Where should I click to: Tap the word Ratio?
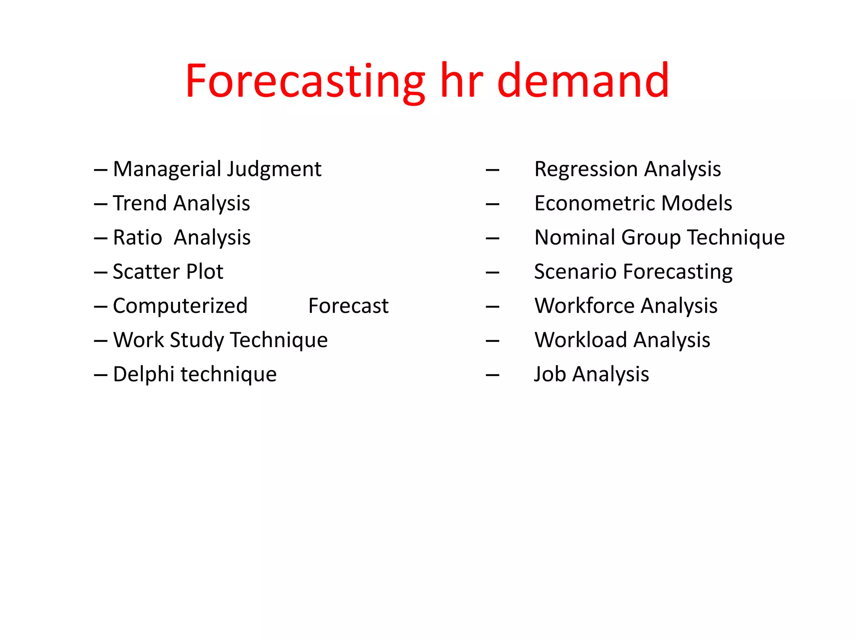click(x=137, y=237)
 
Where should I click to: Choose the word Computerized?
click(x=180, y=306)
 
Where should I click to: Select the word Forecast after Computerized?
click(x=348, y=306)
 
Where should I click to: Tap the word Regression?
click(x=586, y=169)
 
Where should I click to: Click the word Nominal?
click(x=574, y=237)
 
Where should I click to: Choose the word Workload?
click(x=581, y=340)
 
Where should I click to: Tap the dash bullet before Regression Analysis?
click(x=493, y=170)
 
